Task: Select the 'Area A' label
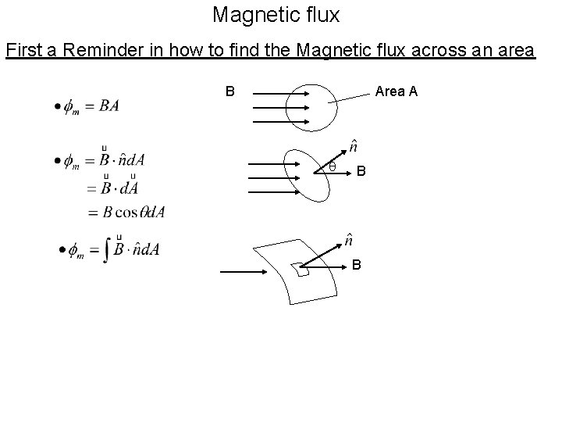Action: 396,91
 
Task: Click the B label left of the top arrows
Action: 230,91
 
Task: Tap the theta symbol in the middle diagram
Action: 331,166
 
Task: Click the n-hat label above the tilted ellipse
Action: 354,147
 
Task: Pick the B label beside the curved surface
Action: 356,265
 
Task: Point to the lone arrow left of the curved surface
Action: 244,271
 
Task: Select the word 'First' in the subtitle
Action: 23,51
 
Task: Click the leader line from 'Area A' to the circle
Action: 348,98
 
